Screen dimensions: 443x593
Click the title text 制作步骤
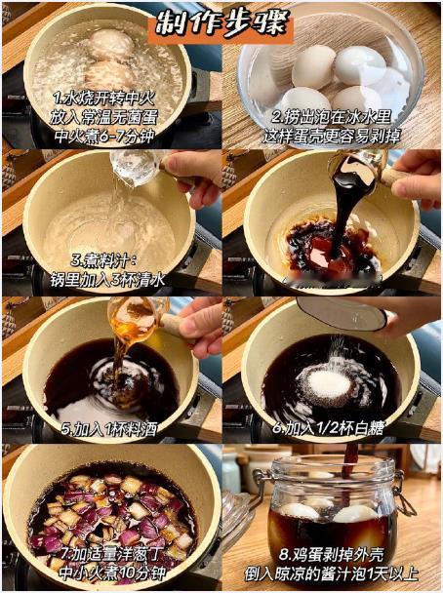pos(222,22)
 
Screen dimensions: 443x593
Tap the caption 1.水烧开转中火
pos(103,99)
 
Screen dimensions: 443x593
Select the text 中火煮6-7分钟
pos(104,136)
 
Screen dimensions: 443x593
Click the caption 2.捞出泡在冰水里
pos(331,117)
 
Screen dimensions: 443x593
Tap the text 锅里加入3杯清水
pos(107,280)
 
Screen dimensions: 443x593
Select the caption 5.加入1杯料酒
pos(109,429)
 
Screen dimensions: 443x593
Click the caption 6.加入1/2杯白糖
pos(328,428)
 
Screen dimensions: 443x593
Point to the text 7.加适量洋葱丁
pos(111,555)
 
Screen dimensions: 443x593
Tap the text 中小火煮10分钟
pos(112,573)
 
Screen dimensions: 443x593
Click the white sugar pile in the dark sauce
pos(329,384)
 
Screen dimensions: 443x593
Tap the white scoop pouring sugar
pos(342,313)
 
